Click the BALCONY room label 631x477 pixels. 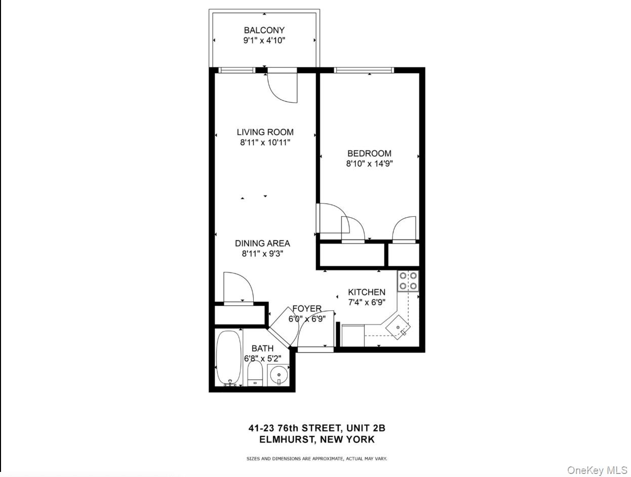coord(264,30)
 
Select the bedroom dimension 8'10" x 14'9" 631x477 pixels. coord(369,164)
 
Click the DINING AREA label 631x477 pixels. coord(262,244)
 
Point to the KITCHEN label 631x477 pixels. coord(367,292)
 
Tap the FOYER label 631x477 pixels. coord(307,309)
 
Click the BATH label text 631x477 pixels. coord(262,348)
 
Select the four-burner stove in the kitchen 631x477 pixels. coord(408,281)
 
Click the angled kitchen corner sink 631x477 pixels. coord(399,327)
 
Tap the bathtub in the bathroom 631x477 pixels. coord(229,357)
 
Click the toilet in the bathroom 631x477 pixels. coord(255,373)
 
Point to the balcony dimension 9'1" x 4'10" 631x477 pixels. coord(264,41)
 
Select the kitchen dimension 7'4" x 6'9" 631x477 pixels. coord(367,302)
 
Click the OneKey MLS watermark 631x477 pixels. coord(598,470)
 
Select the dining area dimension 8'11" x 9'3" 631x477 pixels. coord(262,254)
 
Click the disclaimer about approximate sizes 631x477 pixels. coord(317,459)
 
